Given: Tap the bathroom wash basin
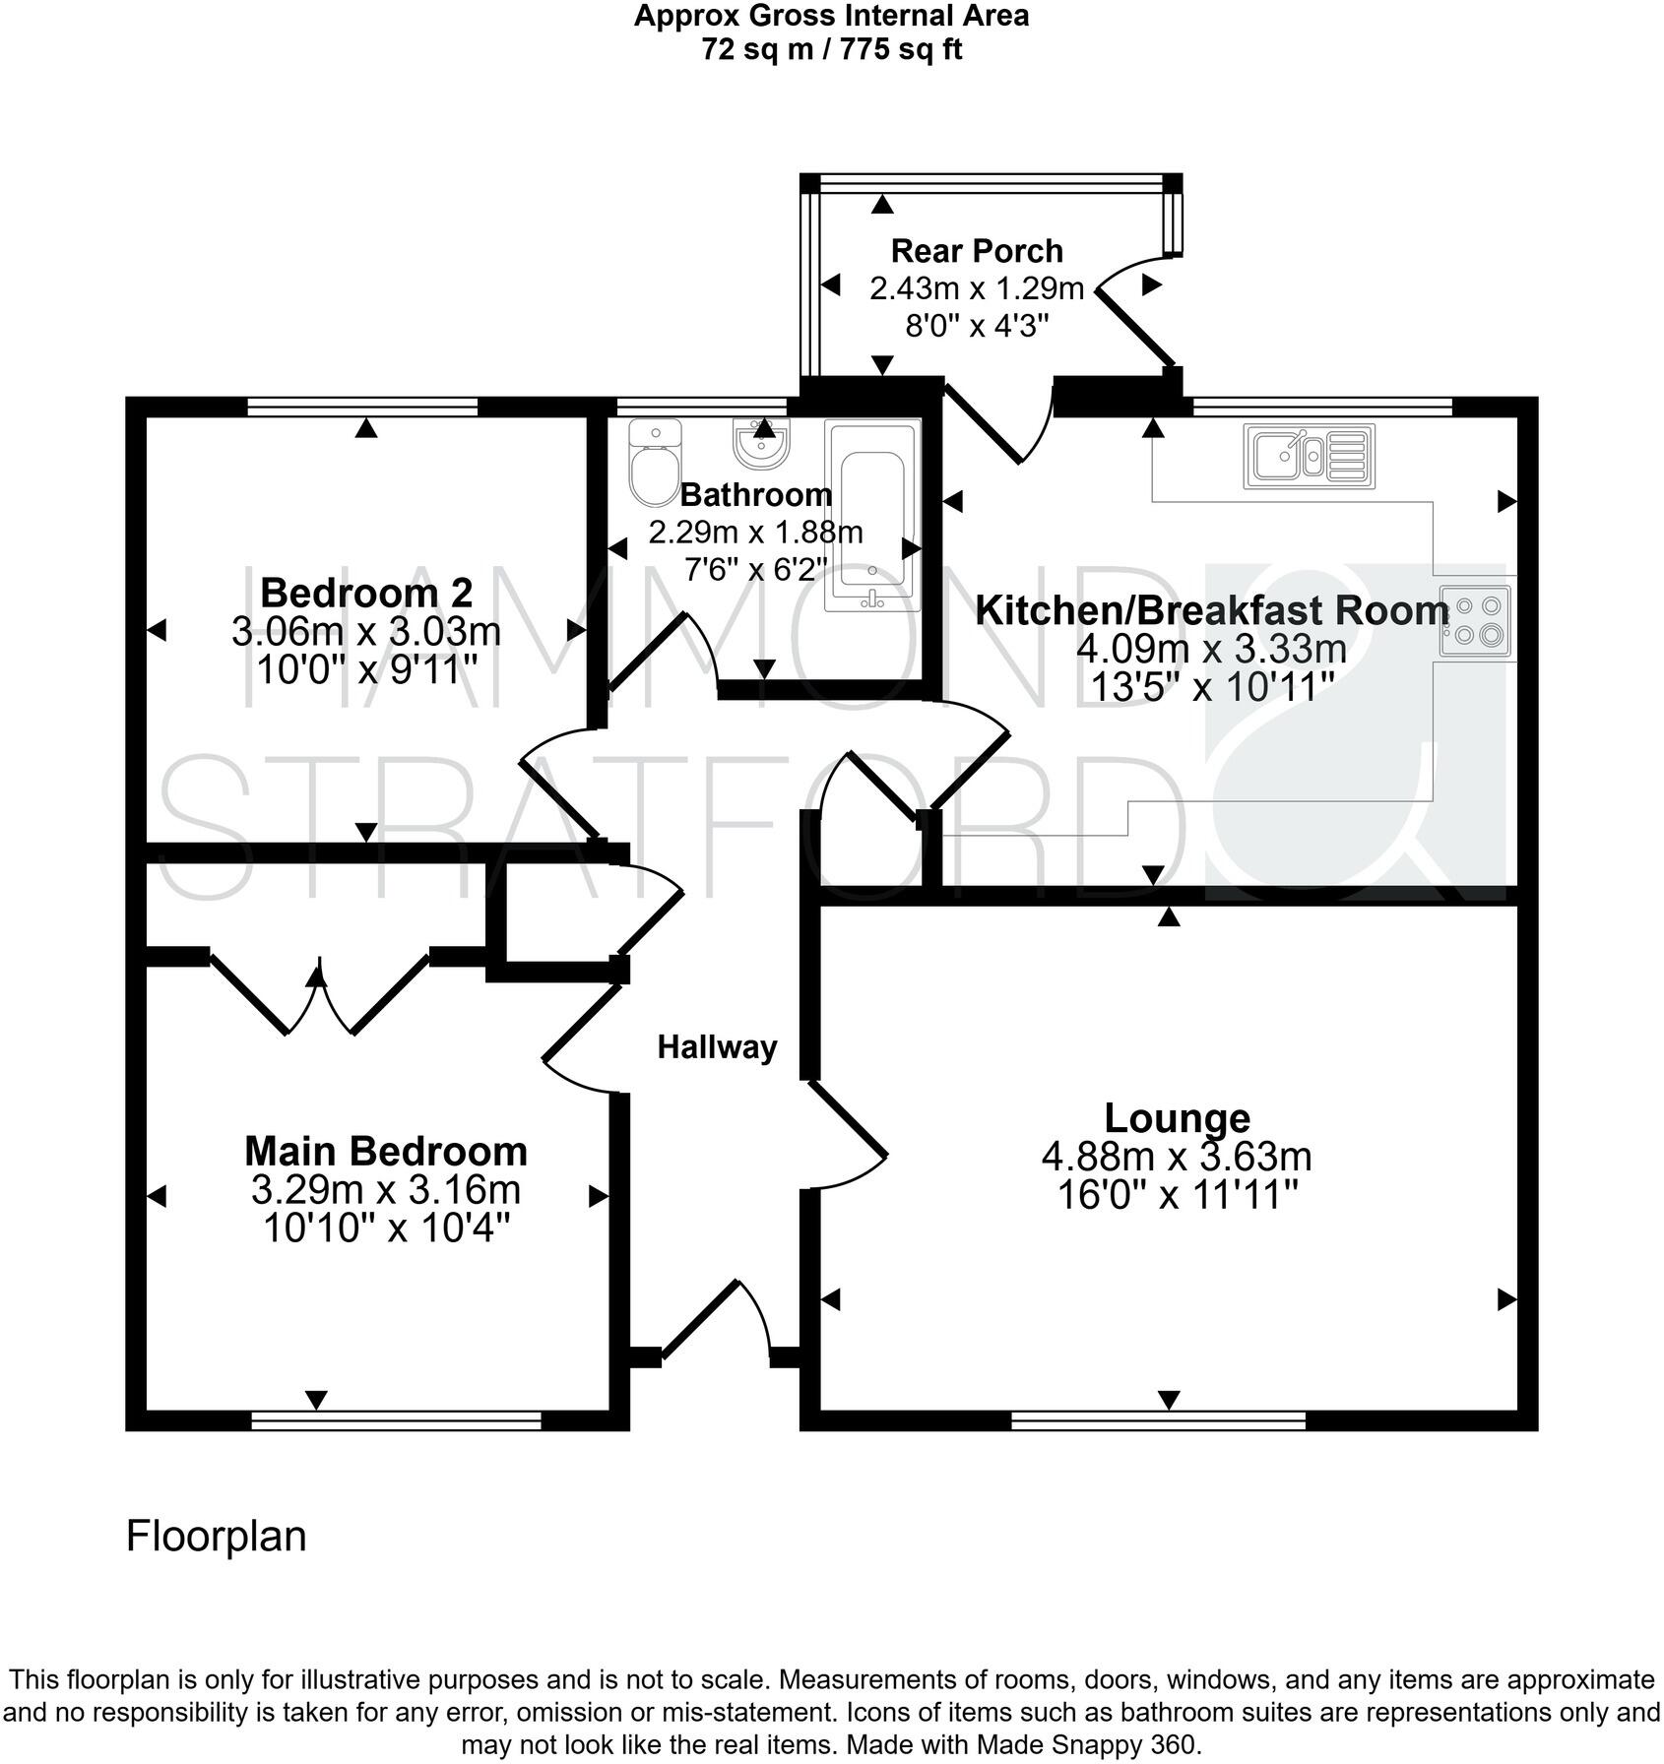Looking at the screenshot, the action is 760,445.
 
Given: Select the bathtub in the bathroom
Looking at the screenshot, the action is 872,520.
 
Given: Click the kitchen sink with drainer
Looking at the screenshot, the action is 1309,456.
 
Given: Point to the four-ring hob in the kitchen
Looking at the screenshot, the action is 1475,621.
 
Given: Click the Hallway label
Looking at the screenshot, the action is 717,1047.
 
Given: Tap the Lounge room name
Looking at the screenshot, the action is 1177,1118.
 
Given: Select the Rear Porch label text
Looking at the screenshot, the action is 977,251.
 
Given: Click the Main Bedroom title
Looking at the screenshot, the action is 386,1151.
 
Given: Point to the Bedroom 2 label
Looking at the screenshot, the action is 366,593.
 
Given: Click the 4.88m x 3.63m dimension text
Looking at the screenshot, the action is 1177,1157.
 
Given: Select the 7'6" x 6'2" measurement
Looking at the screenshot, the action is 755,569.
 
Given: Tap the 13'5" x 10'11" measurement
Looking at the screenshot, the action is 1212,686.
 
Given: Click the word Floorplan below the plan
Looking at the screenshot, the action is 216,1536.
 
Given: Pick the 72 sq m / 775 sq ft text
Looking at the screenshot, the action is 831,49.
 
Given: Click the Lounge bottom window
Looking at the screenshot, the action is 1158,1419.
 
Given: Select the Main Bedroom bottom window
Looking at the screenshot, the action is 396,1419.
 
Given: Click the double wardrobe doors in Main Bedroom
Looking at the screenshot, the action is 319,994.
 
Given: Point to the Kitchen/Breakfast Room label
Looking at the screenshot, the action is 1212,610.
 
